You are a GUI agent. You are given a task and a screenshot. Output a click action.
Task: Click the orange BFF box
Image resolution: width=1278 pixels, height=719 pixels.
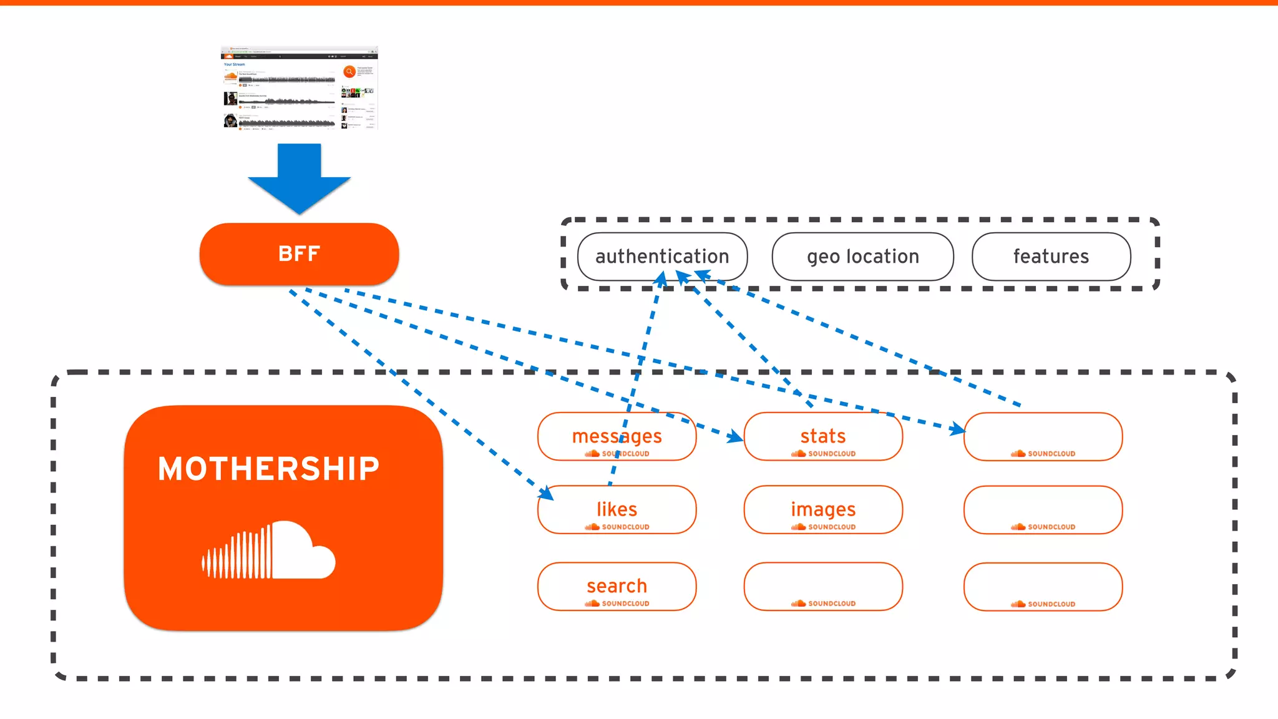tap(299, 254)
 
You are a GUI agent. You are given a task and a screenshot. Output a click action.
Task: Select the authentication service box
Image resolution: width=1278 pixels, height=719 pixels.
tap(662, 257)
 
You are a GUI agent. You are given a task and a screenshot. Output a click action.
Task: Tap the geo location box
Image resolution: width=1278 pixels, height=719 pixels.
tap(862, 257)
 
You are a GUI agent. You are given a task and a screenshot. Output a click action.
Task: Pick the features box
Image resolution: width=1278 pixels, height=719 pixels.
tap(1051, 257)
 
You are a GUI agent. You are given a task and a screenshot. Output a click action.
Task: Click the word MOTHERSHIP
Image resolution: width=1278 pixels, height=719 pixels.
tap(268, 469)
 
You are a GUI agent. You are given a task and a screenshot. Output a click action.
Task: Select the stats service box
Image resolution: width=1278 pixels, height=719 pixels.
tap(823, 436)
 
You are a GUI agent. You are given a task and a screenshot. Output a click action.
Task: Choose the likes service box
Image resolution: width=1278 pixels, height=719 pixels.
tap(617, 509)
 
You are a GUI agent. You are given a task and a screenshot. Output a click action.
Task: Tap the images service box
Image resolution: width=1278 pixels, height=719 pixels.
tap(823, 509)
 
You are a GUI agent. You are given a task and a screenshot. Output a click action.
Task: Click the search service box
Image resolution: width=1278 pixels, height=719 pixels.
tap(617, 586)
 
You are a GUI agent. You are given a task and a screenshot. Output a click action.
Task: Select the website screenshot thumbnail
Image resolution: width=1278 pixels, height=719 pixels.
tap(300, 87)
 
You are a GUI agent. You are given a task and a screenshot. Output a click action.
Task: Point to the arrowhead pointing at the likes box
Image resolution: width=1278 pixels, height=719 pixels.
tap(547, 493)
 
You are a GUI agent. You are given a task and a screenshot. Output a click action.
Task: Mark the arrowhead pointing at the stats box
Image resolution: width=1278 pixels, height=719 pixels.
tap(736, 437)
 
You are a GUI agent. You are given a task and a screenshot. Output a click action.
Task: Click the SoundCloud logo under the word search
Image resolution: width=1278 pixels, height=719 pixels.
tap(617, 604)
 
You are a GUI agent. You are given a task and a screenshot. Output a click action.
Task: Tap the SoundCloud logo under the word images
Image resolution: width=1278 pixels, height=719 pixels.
tap(823, 527)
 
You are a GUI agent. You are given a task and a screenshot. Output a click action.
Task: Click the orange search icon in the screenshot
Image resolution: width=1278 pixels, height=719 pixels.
tap(349, 72)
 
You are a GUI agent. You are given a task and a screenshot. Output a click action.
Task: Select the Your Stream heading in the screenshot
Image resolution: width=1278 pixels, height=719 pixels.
tap(235, 64)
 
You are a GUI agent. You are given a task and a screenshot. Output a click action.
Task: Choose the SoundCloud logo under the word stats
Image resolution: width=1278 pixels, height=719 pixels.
tap(823, 454)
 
